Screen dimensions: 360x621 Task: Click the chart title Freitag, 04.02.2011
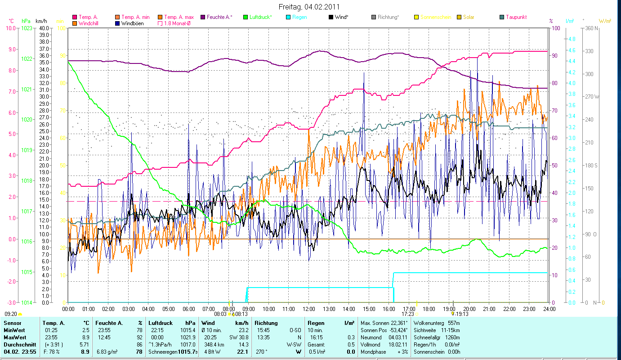[309, 7]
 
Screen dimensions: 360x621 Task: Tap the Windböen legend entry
[132, 23]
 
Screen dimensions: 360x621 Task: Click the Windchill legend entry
[90, 23]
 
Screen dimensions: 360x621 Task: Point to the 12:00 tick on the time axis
[309, 309]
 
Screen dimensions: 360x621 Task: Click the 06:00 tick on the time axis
[188, 309]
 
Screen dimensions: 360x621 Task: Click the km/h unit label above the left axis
[41, 21]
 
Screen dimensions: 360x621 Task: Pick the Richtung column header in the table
[266, 323]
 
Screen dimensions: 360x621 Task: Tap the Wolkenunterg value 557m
[454, 323]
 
